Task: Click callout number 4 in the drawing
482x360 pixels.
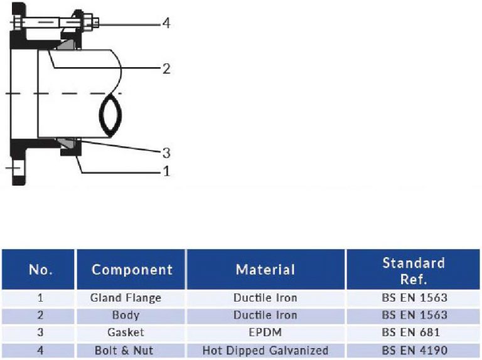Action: click(166, 24)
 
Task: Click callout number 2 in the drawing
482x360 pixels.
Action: click(166, 68)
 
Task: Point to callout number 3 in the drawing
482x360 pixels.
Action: click(166, 152)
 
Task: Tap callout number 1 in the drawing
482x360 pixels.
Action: click(166, 171)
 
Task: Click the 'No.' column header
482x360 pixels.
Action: click(41, 270)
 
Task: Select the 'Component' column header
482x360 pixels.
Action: click(132, 270)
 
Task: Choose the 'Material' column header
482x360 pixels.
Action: click(265, 270)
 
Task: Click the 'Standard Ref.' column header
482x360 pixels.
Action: click(414, 270)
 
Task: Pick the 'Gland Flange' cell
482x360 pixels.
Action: click(126, 298)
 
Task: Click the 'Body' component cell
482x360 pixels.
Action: click(126, 315)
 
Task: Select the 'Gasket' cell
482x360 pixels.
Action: click(126, 332)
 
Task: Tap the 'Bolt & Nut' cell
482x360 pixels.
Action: click(126, 350)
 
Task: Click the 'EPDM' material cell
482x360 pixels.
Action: click(265, 332)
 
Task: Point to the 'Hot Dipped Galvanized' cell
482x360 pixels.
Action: click(265, 350)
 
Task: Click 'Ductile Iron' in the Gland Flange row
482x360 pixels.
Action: click(265, 298)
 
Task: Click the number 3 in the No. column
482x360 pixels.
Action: click(41, 332)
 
